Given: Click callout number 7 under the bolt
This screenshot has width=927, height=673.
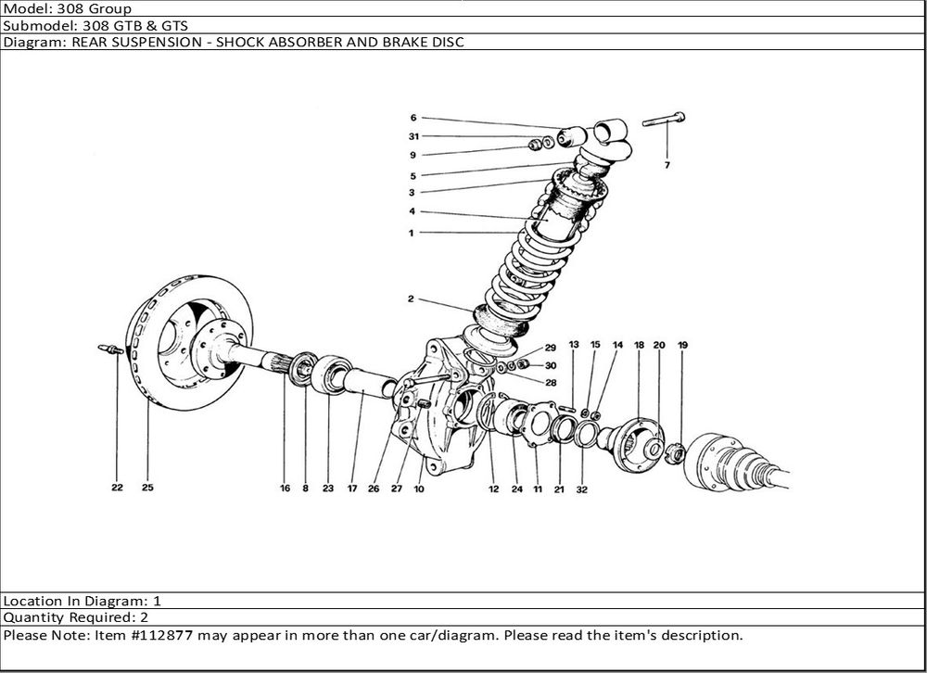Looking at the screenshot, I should tap(667, 165).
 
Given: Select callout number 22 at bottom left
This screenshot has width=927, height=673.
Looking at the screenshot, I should tap(118, 487).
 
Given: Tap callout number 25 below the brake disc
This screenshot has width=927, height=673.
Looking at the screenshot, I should tap(147, 487).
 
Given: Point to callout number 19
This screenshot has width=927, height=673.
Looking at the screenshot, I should tap(683, 345).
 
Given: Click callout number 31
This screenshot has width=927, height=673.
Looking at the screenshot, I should tap(413, 136).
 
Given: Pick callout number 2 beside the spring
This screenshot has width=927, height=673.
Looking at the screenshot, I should tap(411, 299).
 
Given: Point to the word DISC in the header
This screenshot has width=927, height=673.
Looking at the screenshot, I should tap(448, 43).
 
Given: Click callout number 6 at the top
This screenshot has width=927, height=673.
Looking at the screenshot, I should tap(413, 118).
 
